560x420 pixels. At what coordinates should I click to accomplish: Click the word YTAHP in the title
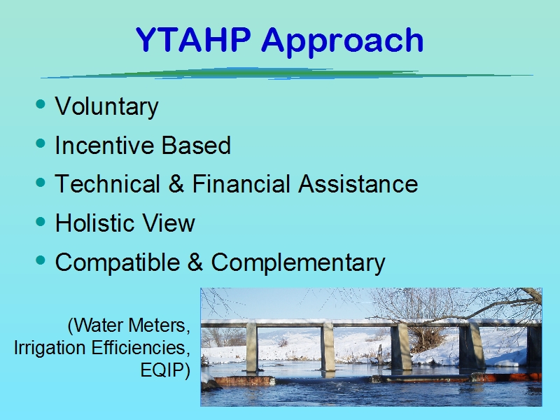coord(193,40)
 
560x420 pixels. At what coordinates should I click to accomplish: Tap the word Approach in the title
coord(342,42)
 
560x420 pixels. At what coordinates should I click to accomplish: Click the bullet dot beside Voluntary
coord(41,104)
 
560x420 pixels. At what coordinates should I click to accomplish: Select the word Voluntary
coord(107,107)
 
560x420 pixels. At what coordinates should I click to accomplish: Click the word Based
coord(196,146)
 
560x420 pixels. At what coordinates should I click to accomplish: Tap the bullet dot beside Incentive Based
coord(41,143)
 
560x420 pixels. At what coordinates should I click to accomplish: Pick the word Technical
coord(108,184)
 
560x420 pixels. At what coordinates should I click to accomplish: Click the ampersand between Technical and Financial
coord(176,184)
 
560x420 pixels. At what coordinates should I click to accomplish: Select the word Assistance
coord(358,184)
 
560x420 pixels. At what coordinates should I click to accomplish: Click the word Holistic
coord(94,223)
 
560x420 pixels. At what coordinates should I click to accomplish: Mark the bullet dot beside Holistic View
coord(41,221)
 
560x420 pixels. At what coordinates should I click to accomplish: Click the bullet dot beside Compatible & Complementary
coord(41,260)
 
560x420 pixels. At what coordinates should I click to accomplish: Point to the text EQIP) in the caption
coord(165,370)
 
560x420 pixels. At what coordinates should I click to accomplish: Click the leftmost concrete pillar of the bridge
coord(252,347)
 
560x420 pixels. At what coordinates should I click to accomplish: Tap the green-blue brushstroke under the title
coord(287,73)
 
